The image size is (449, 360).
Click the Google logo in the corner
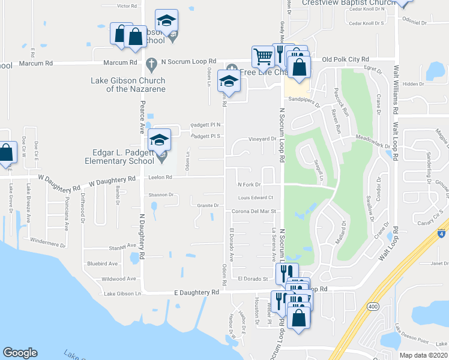[20, 353]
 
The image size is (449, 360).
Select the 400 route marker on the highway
[373, 307]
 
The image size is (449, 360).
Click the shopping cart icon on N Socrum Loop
[263, 58]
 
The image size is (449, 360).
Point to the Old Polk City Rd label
[346, 59]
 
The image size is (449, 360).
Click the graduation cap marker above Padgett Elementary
[159, 140]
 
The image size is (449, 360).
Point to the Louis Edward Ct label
[255, 197]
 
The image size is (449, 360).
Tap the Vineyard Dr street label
[262, 139]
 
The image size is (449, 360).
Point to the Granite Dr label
[208, 205]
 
